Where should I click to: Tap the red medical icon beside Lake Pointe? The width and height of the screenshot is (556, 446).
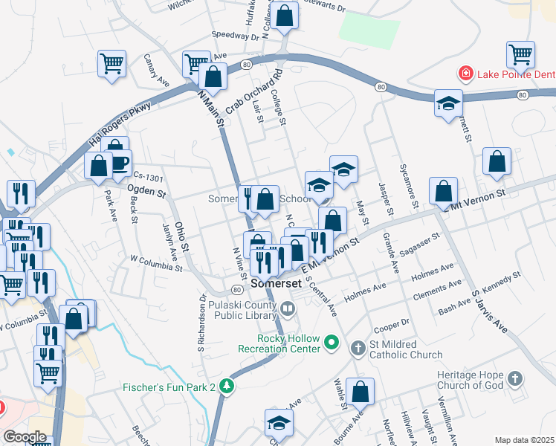(465, 74)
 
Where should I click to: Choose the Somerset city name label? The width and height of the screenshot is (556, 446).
(277, 283)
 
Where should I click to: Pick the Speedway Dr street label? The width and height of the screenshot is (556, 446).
(235, 35)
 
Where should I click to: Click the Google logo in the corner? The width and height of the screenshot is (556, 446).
(25, 437)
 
